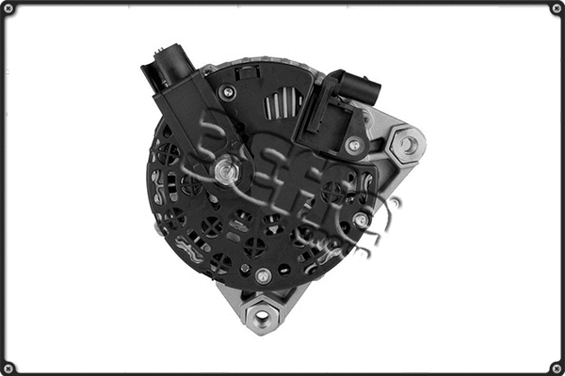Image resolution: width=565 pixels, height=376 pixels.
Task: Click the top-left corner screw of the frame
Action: click(9, 8)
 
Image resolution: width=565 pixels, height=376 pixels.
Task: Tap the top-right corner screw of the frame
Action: click(556, 8)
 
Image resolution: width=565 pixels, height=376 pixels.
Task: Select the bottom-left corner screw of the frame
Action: click(9, 368)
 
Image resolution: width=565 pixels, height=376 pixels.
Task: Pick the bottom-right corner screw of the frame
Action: click(556, 368)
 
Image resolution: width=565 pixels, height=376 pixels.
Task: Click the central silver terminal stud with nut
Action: click(224, 170)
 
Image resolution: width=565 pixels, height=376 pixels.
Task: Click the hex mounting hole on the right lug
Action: click(408, 144)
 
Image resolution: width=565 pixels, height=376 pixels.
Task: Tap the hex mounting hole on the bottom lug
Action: click(262, 318)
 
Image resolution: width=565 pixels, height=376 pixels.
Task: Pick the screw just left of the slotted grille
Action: click(227, 92)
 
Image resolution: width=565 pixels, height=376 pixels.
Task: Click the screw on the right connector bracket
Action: click(353, 146)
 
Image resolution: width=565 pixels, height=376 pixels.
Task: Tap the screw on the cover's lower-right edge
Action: click(360, 220)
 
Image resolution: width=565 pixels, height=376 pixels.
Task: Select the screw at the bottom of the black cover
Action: click(263, 275)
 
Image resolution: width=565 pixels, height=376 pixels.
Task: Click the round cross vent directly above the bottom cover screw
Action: click(255, 247)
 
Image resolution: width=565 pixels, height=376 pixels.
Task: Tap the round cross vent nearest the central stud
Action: click(192, 185)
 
